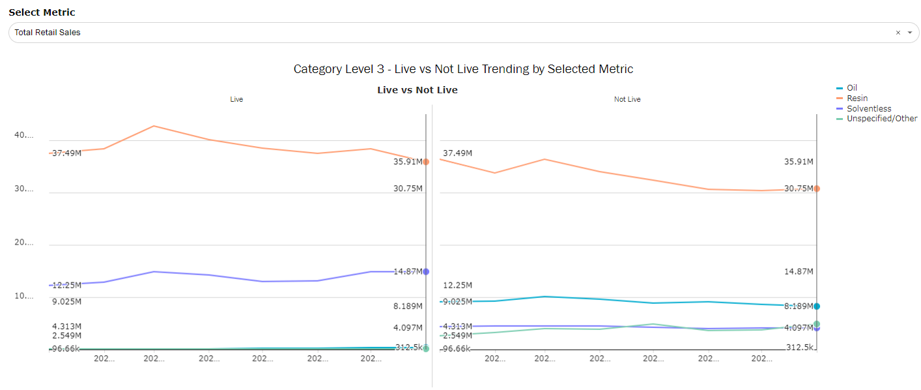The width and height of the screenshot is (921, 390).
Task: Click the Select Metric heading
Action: click(x=42, y=12)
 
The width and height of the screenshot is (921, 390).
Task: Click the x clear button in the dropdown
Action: click(x=898, y=33)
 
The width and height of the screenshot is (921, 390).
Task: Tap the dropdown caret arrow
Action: click(x=910, y=33)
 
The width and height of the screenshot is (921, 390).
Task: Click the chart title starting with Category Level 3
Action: click(x=463, y=69)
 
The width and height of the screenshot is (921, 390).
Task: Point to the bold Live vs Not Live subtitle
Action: click(x=417, y=90)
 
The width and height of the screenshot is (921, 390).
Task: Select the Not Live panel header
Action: click(x=627, y=99)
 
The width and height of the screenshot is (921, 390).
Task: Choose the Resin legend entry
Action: click(x=857, y=98)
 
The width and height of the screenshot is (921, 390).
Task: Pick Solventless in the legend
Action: click(x=869, y=109)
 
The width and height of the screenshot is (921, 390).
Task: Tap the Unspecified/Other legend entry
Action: click(x=881, y=119)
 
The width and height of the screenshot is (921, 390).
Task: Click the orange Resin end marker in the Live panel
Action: click(x=426, y=162)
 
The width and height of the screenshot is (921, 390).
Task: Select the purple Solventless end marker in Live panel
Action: click(x=426, y=271)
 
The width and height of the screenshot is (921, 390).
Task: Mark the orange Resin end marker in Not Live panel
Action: click(x=817, y=188)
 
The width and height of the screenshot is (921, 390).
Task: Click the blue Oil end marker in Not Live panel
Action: click(x=817, y=306)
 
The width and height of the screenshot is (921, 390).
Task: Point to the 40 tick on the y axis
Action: click(x=23, y=136)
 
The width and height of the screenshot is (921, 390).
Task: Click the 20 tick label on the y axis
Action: click(x=23, y=243)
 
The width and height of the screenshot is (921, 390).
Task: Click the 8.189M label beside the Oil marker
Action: click(x=798, y=306)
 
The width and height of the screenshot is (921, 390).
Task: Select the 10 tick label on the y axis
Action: click(x=23, y=296)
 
